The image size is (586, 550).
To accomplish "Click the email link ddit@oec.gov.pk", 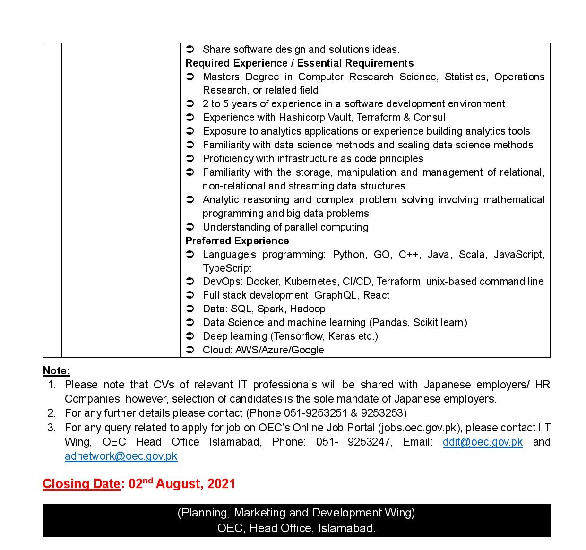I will coord(482,442).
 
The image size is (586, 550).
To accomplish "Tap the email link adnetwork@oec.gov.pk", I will coord(121,456).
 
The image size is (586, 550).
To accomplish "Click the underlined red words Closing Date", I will coord(81,484).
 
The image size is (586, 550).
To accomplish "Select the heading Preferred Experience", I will coord(237,241).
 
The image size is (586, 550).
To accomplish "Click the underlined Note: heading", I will coord(56,370).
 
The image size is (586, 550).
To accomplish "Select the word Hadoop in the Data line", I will coord(308,309).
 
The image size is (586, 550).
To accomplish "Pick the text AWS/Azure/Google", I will coord(280,350).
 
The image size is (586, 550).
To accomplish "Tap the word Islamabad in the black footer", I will coord(346,528).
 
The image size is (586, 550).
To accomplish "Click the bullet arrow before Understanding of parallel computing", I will coord(190,227).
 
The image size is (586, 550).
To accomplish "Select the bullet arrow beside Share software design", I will coord(190,49).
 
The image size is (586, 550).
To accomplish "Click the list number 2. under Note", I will coord(51,413).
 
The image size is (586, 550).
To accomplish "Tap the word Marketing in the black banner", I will coord(259,513).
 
